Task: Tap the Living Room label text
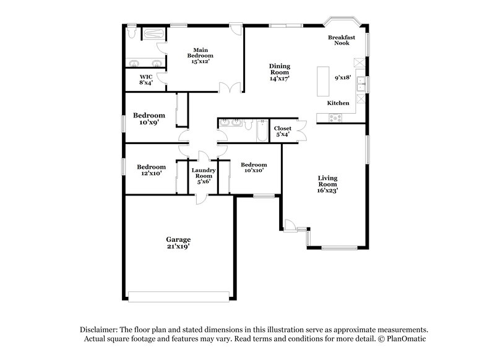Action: pyautogui.click(x=327, y=184)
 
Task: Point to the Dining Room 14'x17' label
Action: pyautogui.click(x=279, y=72)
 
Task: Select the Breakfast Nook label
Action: pyautogui.click(x=342, y=40)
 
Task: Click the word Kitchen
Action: pyautogui.click(x=338, y=103)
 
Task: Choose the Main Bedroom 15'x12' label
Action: pyautogui.click(x=200, y=56)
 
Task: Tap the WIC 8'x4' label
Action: pyautogui.click(x=145, y=80)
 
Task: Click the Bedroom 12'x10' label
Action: pyautogui.click(x=151, y=170)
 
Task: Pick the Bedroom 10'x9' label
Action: pyautogui.click(x=150, y=119)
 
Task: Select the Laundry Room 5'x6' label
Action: pyautogui.click(x=203, y=176)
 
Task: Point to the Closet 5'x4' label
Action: pyautogui.click(x=282, y=131)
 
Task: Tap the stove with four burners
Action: pyautogui.click(x=336, y=117)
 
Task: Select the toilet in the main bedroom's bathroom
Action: pyautogui.click(x=131, y=33)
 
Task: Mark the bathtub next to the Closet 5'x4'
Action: pyautogui.click(x=260, y=132)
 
